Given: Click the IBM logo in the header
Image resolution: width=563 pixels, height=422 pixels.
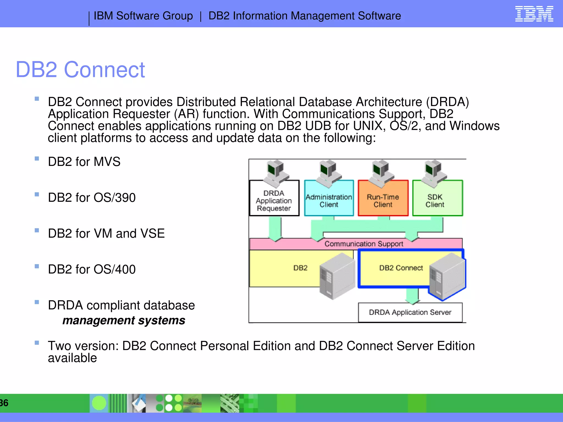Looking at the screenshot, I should point(534,14).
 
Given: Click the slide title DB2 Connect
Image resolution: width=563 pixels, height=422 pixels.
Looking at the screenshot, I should point(80,70).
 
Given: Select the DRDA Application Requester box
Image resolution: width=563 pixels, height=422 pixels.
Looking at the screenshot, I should point(274,201).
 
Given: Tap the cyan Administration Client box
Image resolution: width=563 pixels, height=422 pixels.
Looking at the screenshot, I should point(329,201).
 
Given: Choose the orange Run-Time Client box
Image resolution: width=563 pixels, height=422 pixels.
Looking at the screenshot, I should point(383,201).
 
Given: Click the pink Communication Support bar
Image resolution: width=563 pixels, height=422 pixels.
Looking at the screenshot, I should point(363,244).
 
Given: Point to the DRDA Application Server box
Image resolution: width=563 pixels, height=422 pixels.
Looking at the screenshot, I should point(410,312).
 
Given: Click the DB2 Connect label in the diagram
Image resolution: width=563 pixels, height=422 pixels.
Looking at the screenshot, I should point(401,268).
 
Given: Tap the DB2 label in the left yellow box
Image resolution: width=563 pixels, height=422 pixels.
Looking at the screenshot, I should point(300,268).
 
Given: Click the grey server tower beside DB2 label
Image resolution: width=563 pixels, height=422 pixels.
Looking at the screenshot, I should point(337,276).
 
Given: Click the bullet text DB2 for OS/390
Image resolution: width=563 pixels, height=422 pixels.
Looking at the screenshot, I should point(92,198).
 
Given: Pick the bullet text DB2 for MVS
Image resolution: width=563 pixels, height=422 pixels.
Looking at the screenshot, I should point(84,162).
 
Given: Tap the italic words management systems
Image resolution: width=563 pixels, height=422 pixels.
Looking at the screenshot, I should point(124,320).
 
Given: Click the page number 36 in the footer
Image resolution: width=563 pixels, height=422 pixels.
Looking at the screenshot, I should point(4,403).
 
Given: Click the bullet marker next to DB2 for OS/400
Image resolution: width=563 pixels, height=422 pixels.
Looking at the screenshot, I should point(37,266).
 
